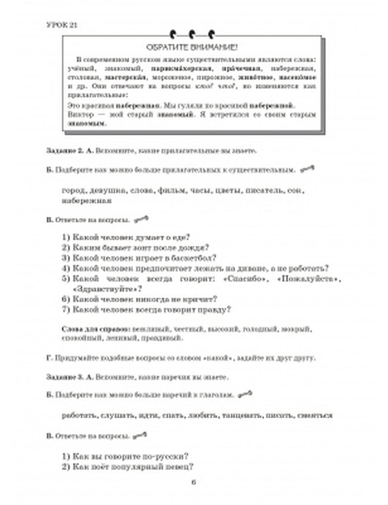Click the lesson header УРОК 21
(62, 25)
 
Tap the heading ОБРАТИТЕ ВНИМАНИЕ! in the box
(192, 48)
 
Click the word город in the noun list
(73, 191)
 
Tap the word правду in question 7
(215, 310)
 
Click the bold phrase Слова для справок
(95, 329)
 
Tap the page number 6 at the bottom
(194, 482)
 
